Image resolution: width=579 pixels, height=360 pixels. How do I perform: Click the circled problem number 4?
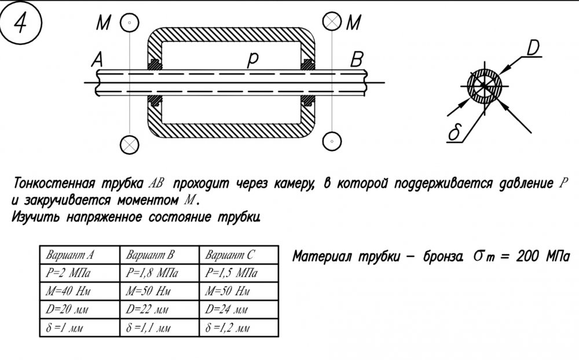click(x=20, y=23)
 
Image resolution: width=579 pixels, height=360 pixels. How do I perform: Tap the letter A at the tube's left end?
click(x=97, y=60)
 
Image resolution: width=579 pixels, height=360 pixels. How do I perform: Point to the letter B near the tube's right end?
click(x=357, y=60)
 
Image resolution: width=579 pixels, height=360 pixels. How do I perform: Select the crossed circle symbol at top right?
click(x=332, y=22)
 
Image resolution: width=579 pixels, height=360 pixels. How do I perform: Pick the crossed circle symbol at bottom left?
click(x=130, y=144)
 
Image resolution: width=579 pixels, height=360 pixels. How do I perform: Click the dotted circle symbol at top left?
click(x=130, y=22)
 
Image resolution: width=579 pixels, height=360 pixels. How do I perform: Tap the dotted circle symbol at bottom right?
click(x=332, y=141)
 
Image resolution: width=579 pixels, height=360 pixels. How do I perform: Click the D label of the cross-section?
click(x=533, y=48)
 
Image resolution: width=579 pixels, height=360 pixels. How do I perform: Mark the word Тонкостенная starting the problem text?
click(x=54, y=183)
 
